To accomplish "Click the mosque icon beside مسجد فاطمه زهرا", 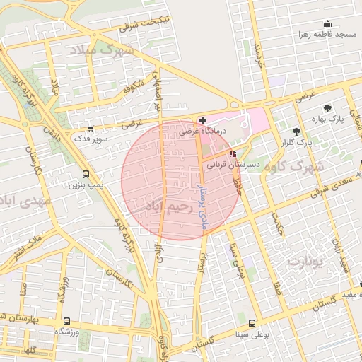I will pyautogui.click(x=327, y=23).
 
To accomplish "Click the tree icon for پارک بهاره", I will pyautogui.click(x=327, y=108).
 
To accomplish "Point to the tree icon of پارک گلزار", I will pyautogui.click(x=296, y=132).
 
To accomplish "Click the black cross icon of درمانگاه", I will pyautogui.click(x=202, y=121).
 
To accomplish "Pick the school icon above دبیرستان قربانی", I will pyautogui.click(x=233, y=153).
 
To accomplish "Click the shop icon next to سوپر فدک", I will pyautogui.click(x=90, y=128).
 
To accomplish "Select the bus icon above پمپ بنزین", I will pyautogui.click(x=86, y=174).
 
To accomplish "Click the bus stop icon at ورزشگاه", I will pyautogui.click(x=66, y=321).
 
